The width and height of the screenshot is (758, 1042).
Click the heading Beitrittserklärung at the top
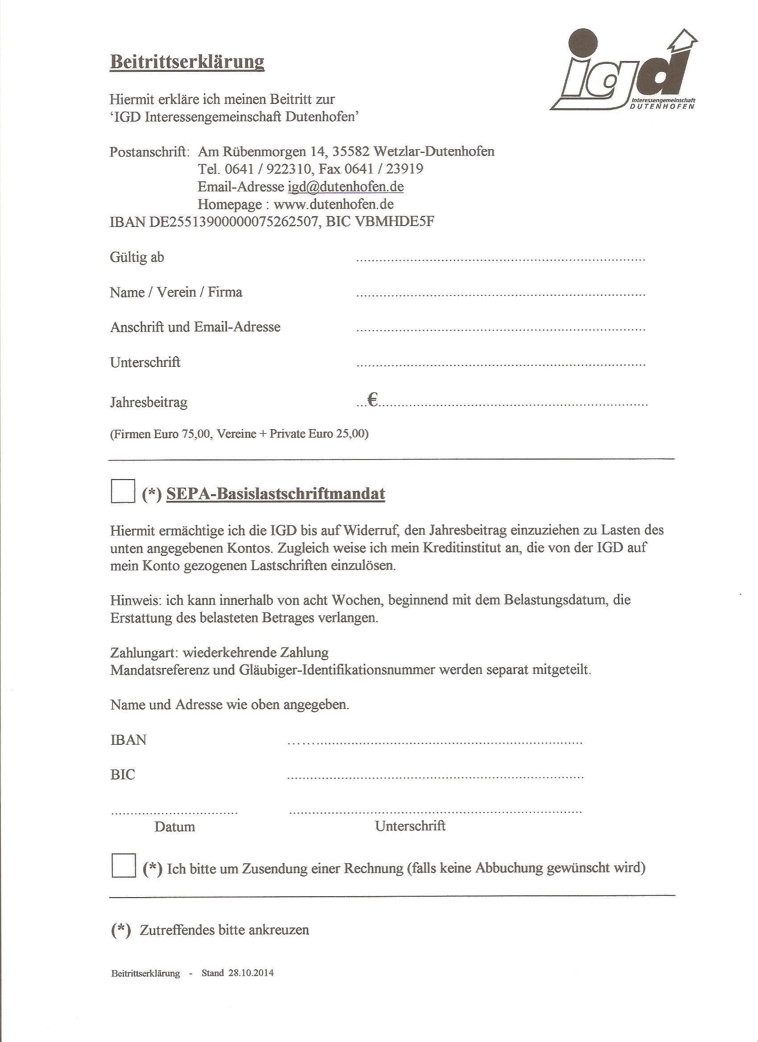tap(187, 62)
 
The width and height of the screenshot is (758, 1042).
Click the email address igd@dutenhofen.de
tap(346, 187)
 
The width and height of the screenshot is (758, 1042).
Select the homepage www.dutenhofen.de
tap(334, 204)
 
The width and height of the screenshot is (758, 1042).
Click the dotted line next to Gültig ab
tap(501, 260)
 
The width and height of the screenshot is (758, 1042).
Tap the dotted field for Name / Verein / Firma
tap(501, 295)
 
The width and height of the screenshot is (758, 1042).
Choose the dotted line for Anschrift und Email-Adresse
tap(501, 330)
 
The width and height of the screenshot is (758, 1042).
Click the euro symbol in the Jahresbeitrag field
tap(372, 402)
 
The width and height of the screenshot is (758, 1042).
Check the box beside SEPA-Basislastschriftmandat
tap(123, 491)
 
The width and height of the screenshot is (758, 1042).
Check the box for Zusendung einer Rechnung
tap(124, 865)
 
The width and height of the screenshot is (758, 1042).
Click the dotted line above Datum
tap(175, 812)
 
